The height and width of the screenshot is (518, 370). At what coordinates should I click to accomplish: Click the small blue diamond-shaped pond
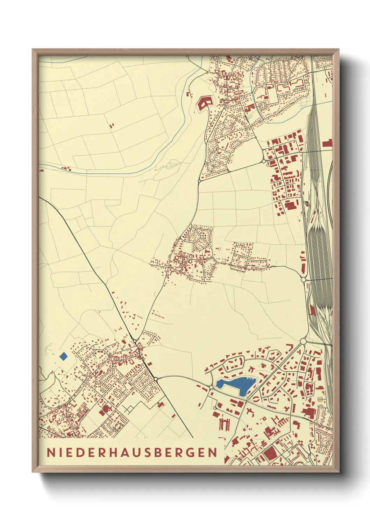64,357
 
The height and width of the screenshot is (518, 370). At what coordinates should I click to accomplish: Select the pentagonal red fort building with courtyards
204,103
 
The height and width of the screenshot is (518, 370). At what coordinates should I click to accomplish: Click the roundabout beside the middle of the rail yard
303,279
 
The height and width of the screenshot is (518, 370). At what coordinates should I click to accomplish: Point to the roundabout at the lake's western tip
212,387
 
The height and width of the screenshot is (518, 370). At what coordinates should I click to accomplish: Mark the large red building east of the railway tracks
327,143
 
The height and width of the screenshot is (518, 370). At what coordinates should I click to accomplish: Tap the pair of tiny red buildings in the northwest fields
112,125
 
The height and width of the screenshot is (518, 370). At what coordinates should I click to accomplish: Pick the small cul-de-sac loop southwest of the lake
214,408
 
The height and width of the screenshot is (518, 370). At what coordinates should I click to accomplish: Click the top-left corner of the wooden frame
33,50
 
